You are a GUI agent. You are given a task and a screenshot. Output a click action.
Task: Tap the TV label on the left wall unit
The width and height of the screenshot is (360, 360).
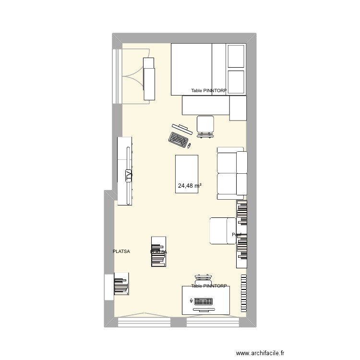(x=128, y=176)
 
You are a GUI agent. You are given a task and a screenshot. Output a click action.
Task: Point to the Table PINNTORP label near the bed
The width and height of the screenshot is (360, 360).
(x=209, y=91)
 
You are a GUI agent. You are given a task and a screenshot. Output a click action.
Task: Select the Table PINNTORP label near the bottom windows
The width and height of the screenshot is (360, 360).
(x=209, y=286)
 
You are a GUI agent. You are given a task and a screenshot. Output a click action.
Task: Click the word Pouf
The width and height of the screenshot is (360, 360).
(x=236, y=235)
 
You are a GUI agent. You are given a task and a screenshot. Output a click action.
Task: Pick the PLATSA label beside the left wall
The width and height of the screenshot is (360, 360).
(x=121, y=251)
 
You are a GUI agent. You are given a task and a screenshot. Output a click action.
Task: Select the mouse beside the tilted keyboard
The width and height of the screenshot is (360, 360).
(x=189, y=145)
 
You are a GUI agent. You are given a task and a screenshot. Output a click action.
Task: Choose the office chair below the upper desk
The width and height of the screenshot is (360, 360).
(x=205, y=126)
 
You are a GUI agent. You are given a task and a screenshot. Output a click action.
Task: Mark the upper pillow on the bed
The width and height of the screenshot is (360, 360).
(x=236, y=56)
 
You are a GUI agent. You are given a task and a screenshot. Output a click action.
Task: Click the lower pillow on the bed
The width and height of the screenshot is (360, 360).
(x=236, y=81)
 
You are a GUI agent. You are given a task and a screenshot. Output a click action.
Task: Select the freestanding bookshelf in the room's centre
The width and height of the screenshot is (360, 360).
(x=159, y=251)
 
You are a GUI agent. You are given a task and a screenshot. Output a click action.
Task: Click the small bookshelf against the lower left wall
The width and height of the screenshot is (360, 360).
(x=121, y=284)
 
